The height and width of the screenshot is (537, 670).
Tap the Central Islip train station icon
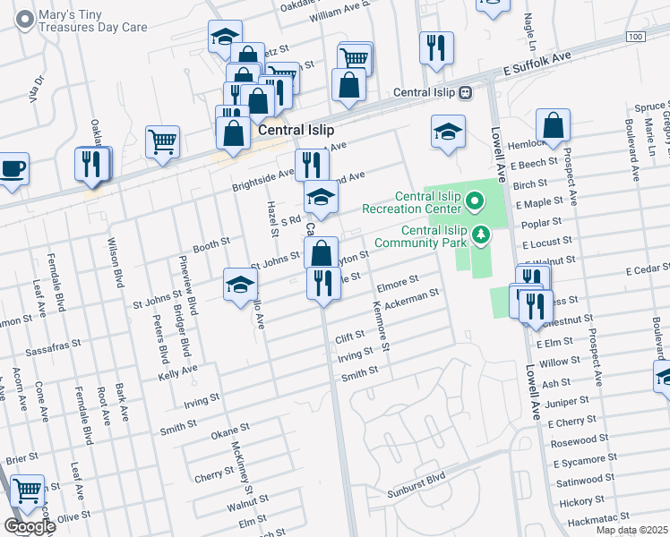click(x=465, y=92)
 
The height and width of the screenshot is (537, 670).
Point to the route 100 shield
click(x=634, y=37)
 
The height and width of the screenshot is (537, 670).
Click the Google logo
click(x=29, y=526)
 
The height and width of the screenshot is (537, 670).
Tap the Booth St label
click(x=212, y=242)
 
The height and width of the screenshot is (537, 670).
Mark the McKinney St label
click(x=239, y=465)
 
